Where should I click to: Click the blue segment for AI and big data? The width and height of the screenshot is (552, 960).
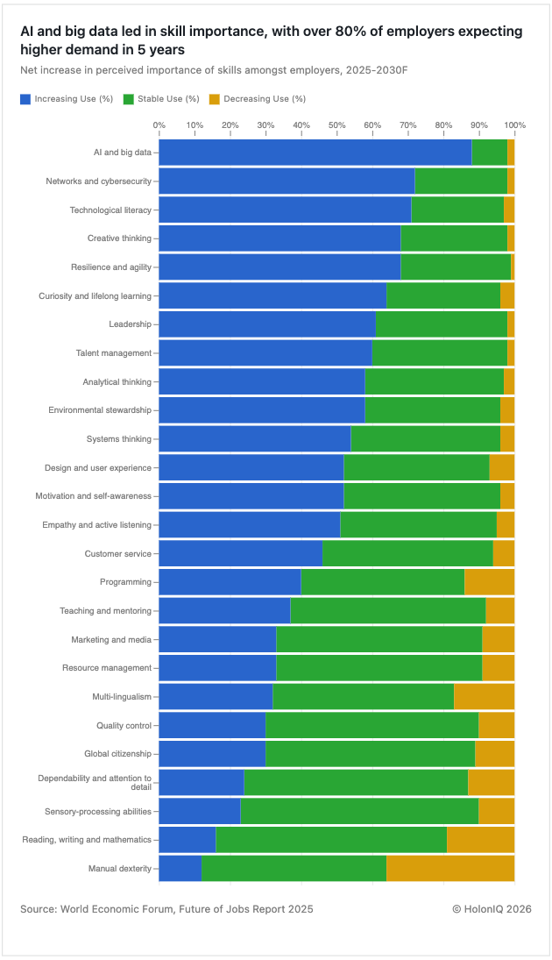(x=315, y=152)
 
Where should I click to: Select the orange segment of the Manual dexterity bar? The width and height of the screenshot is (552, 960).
(x=450, y=869)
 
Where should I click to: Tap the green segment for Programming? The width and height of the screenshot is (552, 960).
(x=382, y=582)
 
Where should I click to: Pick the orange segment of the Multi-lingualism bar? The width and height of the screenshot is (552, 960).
(x=484, y=697)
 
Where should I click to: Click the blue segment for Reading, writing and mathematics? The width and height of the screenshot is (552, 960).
(x=188, y=840)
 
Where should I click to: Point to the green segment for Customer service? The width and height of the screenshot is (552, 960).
(x=407, y=553)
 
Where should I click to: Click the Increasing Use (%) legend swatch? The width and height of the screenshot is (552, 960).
(x=25, y=99)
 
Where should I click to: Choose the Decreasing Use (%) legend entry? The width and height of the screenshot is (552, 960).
(x=264, y=99)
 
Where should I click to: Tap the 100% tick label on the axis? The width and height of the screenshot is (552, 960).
(x=514, y=125)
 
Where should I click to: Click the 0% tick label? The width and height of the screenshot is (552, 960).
(x=159, y=125)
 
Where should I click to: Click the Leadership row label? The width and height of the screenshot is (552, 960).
(x=130, y=324)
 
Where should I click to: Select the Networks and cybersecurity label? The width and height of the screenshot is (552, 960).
(x=98, y=181)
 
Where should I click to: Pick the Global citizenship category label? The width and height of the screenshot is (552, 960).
(x=117, y=754)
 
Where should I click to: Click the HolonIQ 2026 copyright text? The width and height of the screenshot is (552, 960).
(x=492, y=909)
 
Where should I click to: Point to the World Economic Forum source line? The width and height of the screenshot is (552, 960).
(x=166, y=909)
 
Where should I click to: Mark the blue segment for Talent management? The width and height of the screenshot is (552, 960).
(x=265, y=352)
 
